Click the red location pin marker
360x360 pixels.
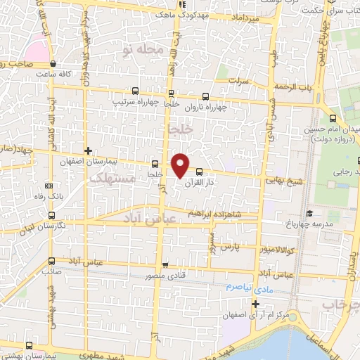point(181,165)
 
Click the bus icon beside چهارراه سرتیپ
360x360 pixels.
point(136,91)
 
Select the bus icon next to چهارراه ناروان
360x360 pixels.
point(205,96)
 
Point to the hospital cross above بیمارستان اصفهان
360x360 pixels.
point(88,150)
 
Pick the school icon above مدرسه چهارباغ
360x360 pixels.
point(309,213)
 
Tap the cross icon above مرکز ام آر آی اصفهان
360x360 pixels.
point(255,304)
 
